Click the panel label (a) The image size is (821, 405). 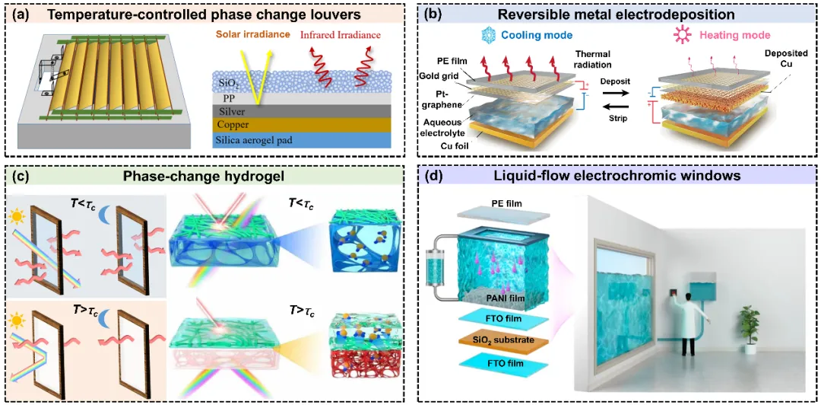(17, 14)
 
